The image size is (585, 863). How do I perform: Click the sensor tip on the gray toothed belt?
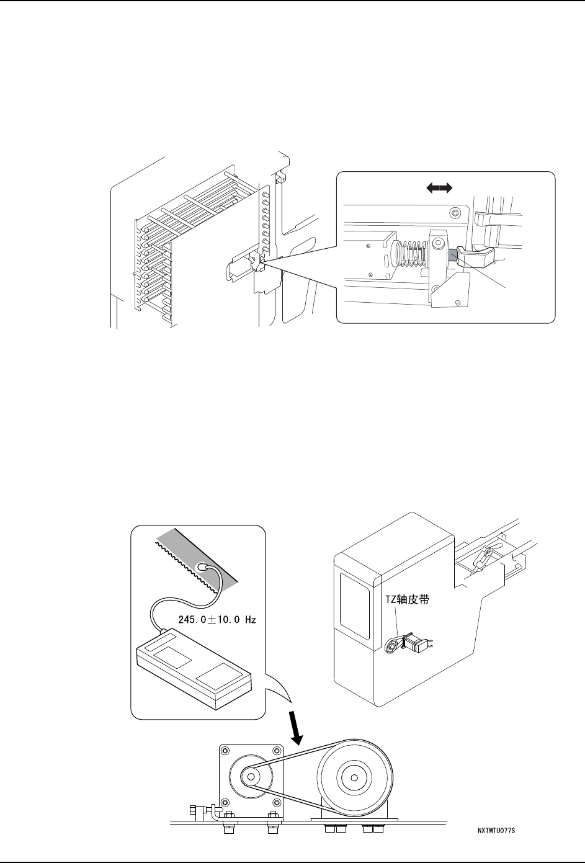(201, 567)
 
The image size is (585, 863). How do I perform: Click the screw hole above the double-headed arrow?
(457, 213)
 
